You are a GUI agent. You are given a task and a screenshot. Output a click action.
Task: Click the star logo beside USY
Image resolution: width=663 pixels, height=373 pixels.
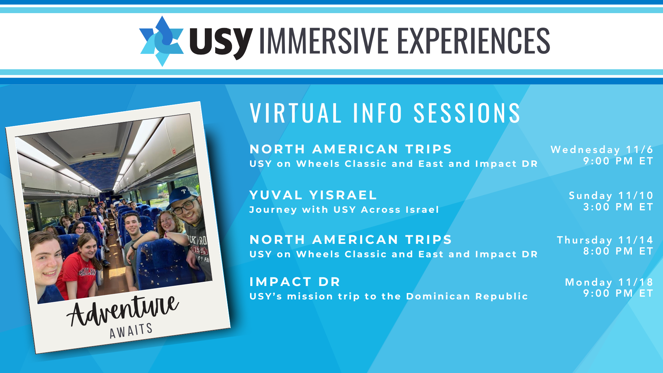pyautogui.click(x=162, y=41)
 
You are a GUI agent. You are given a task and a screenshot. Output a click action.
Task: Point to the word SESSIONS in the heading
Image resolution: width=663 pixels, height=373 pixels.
pyautogui.click(x=467, y=113)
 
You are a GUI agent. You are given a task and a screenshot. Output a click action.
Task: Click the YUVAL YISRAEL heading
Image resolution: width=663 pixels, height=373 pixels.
pyautogui.click(x=313, y=195)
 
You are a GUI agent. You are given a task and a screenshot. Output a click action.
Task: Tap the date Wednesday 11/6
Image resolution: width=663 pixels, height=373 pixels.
pyautogui.click(x=602, y=150)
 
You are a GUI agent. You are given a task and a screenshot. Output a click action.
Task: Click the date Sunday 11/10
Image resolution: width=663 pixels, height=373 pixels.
pyautogui.click(x=611, y=195)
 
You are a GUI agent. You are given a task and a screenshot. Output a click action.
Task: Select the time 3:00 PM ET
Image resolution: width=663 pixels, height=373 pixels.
pyautogui.click(x=618, y=207)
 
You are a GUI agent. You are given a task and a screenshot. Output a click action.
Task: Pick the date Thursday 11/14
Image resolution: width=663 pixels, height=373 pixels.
pyautogui.click(x=605, y=240)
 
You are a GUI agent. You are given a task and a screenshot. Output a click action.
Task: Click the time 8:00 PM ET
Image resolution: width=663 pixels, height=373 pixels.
pyautogui.click(x=618, y=251)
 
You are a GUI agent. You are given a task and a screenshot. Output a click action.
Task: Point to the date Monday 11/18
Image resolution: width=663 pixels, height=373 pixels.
pyautogui.click(x=609, y=282)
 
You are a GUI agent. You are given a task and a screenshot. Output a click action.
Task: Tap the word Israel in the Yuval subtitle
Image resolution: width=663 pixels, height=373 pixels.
pyautogui.click(x=422, y=210)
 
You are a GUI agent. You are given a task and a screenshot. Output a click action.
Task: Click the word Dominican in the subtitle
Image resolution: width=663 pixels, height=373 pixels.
pyautogui.click(x=438, y=296)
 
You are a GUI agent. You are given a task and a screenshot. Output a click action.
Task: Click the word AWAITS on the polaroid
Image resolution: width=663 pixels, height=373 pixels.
pyautogui.click(x=131, y=331)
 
